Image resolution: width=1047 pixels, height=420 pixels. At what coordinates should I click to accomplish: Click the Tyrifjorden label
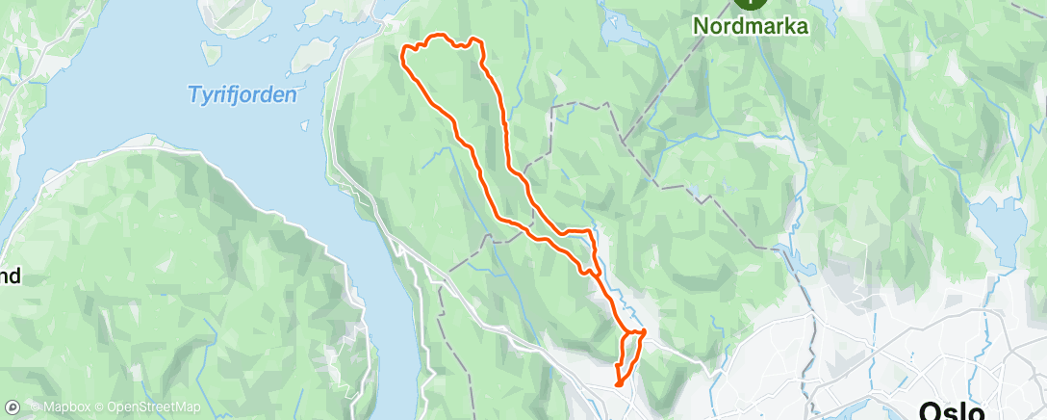242,94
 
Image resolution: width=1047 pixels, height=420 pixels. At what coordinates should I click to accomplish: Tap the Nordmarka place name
752,26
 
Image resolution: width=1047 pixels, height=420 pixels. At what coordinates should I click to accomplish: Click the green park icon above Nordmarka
752,3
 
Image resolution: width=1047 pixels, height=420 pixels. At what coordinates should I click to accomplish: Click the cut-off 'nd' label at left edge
10,277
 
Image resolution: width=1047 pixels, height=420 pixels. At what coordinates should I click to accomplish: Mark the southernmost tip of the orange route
617,385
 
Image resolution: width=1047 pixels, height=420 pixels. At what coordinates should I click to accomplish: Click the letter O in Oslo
929,409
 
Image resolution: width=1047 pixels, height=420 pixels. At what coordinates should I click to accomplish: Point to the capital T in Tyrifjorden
192,94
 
